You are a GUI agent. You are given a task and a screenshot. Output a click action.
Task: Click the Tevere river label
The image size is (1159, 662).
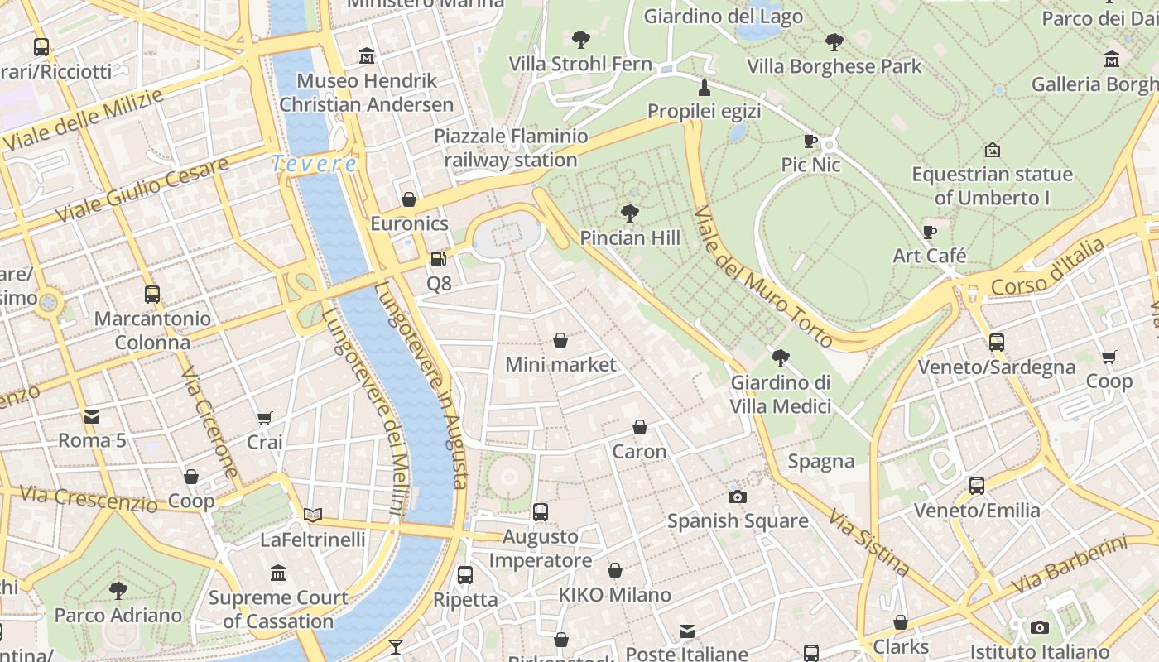[x=315, y=164]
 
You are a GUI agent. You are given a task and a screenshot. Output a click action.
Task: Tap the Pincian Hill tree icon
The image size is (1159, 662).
[x=629, y=213]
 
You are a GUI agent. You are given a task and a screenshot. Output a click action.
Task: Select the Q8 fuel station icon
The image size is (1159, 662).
[x=438, y=259]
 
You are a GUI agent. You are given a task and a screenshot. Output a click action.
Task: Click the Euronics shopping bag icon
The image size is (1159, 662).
[x=408, y=199]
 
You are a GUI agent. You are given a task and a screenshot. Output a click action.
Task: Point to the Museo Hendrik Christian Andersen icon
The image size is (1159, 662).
[x=367, y=56]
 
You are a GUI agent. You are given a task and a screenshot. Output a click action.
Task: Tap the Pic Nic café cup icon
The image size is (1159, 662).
[x=810, y=142]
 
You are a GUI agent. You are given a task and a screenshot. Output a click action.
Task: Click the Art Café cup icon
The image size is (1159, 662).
[x=929, y=232]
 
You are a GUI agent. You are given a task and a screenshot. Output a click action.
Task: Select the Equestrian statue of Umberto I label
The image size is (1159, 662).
[x=992, y=186]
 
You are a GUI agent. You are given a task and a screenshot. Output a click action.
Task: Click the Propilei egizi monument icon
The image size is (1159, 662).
[x=705, y=87]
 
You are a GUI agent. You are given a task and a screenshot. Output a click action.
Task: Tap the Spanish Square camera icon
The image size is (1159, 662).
[x=737, y=496]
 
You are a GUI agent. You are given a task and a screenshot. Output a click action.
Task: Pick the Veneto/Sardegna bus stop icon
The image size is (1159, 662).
[x=997, y=343]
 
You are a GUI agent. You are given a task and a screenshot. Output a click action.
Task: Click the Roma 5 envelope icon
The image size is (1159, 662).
[x=91, y=416]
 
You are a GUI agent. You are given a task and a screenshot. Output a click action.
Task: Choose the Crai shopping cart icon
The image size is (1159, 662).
[x=264, y=418]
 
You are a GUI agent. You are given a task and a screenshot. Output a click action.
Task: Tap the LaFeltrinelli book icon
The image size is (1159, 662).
[x=312, y=516]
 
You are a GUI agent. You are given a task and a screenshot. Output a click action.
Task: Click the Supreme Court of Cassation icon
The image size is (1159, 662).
[x=278, y=573]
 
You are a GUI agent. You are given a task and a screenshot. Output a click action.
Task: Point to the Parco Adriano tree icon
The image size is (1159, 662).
[x=118, y=591]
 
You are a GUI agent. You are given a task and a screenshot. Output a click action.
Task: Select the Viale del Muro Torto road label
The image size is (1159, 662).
[x=762, y=277]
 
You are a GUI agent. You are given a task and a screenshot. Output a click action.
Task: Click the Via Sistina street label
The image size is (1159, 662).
[x=870, y=543]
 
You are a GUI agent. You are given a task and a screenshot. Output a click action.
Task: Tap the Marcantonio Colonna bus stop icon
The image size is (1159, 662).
[x=151, y=295]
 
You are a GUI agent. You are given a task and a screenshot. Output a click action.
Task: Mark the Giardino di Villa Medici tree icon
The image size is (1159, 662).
[x=780, y=358]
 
